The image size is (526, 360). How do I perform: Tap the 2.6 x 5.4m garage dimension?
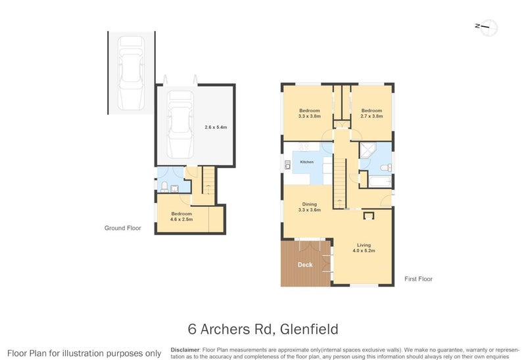tap(215, 127)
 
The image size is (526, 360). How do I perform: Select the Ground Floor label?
tap(123, 229)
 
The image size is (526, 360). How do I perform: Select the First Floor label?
tap(418, 279)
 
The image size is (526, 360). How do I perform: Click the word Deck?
tap(305, 265)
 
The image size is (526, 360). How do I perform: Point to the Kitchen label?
tap(307, 162)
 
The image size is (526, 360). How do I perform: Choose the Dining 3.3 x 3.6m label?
tap(309, 206)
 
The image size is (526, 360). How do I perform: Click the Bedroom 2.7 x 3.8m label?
tap(371, 113)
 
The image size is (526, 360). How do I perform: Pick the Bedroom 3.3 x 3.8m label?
tap(310, 113)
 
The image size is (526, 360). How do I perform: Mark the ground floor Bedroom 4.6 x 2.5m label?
tap(181, 216)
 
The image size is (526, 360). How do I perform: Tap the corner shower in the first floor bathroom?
tap(366, 152)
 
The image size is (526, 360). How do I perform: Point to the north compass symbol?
tap(488, 27)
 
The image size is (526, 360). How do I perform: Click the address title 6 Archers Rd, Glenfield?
tap(263, 328)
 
